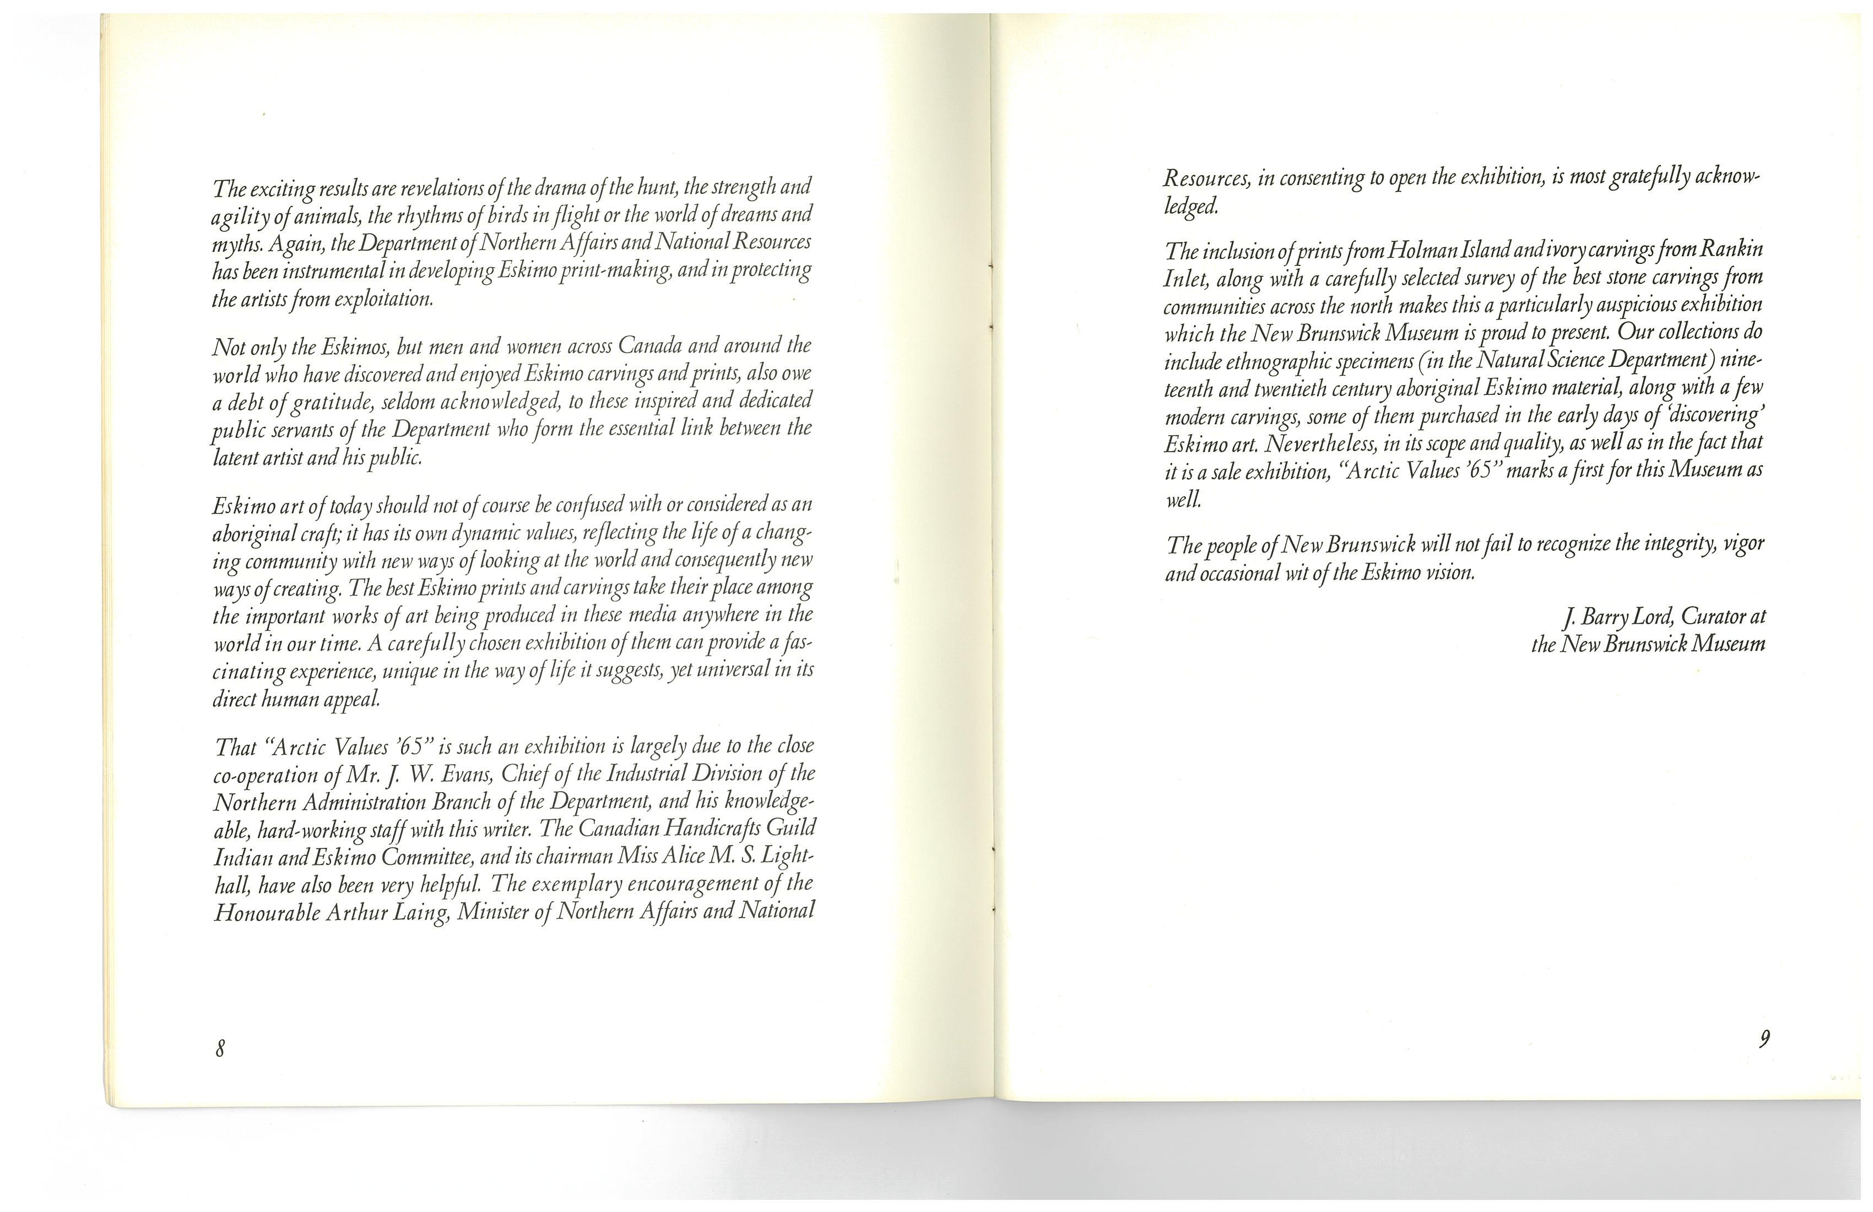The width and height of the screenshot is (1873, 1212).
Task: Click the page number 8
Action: tap(220, 1048)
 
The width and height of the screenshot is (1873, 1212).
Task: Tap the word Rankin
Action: tap(1730, 250)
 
